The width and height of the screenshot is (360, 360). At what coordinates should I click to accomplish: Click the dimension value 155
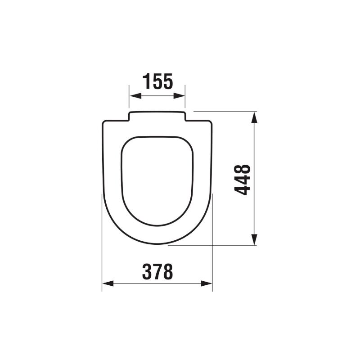[x=157, y=81]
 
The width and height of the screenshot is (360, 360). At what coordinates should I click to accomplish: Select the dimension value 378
[x=157, y=271]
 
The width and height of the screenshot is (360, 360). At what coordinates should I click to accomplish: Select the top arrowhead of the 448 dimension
[x=255, y=117]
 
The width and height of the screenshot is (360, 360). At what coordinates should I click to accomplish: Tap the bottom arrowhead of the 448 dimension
[x=255, y=240]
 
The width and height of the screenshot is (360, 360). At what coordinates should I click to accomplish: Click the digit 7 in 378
[x=157, y=271]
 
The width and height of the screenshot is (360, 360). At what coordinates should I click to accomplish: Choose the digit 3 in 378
[x=147, y=271]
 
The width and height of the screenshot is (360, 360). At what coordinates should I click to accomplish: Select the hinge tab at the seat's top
[x=157, y=115]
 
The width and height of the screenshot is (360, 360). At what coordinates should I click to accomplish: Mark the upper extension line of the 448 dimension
[x=225, y=111]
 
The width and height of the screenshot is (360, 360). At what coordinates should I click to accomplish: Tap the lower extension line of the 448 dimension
[x=211, y=246]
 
